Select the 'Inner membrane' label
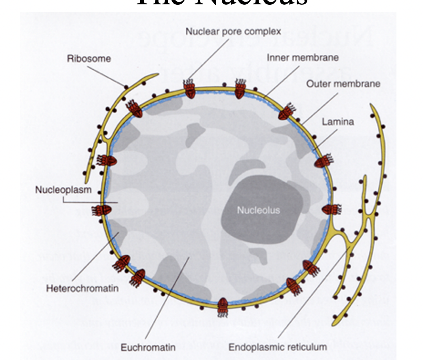pyautogui.click(x=303, y=57)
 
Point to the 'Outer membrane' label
pyautogui.click(x=343, y=84)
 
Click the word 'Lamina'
pyautogui.click(x=338, y=122)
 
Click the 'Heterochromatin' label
pyautogui.click(x=82, y=288)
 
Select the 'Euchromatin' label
pyautogui.click(x=148, y=348)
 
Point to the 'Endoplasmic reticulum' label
pyautogui.click(x=278, y=347)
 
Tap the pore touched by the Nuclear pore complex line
pyautogui.click(x=190, y=89)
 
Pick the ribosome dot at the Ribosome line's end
pyautogui.click(x=126, y=87)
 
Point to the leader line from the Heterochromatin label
pyautogui.click(x=95, y=258)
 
